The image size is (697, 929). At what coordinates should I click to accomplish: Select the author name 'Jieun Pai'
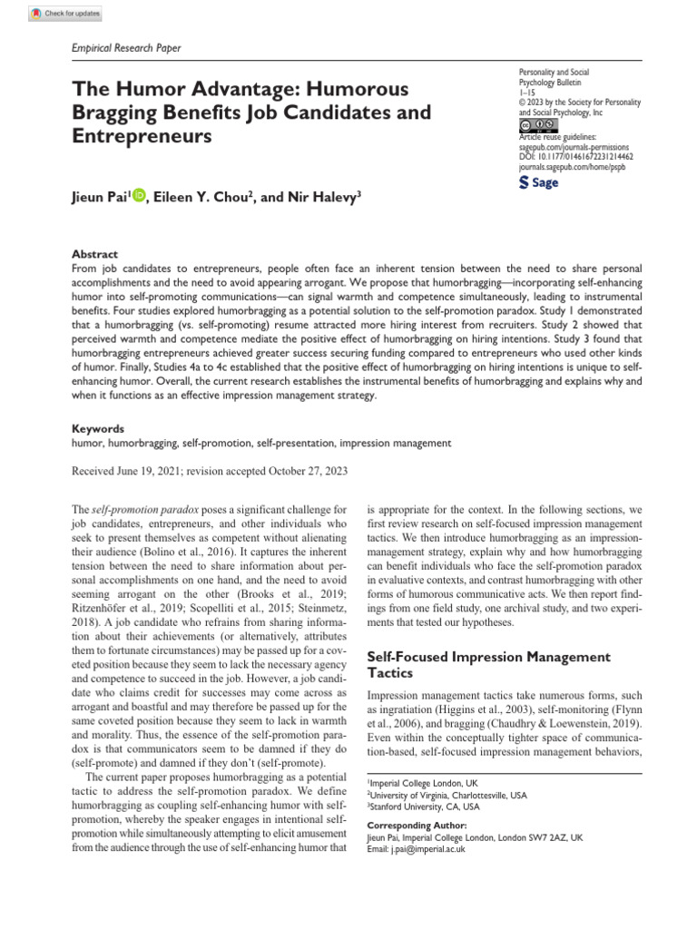[x=101, y=196]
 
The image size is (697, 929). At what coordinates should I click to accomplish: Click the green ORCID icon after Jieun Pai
[x=139, y=195]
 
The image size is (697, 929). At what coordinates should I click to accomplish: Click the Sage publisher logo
[x=537, y=182]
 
